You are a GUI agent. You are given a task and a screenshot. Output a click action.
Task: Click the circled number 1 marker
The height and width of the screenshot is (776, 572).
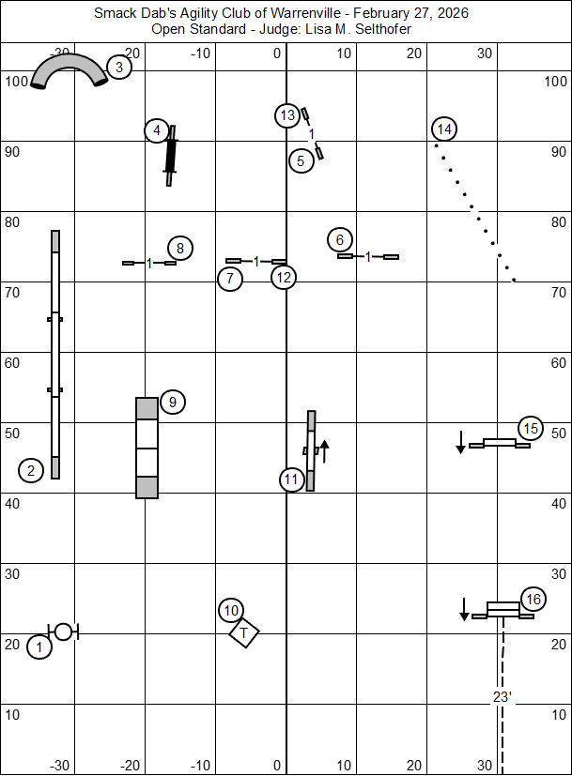39,647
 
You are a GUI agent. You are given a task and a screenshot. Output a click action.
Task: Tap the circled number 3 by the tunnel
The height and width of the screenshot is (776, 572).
118,67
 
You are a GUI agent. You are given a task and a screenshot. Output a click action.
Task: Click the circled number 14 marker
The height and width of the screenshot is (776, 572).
445,129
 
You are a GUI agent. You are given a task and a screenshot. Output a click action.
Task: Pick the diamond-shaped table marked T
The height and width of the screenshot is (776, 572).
244,633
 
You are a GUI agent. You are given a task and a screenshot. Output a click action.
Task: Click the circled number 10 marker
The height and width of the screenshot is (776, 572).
232,611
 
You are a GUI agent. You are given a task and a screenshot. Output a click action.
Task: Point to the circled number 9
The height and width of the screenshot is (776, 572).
172,403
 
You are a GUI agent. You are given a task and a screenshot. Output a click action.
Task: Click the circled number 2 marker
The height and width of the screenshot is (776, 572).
31,470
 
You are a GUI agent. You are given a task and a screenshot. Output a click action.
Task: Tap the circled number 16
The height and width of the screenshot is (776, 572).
533,599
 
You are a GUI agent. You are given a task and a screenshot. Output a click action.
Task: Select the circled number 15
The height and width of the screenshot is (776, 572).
531,429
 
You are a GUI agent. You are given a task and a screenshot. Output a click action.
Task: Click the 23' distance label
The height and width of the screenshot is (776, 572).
501,696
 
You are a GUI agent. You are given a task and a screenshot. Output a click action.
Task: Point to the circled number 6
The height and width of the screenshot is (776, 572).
340,239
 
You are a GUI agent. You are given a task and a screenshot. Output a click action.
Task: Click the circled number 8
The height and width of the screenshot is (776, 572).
180,248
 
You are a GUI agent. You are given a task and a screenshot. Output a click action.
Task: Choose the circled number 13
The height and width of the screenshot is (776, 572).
287,115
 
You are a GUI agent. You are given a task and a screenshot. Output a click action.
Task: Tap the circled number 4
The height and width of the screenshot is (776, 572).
157,130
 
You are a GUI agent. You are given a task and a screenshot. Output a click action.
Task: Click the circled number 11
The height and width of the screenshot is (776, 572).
291,479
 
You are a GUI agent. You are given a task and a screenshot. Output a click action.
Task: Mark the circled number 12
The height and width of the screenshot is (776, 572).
284,277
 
